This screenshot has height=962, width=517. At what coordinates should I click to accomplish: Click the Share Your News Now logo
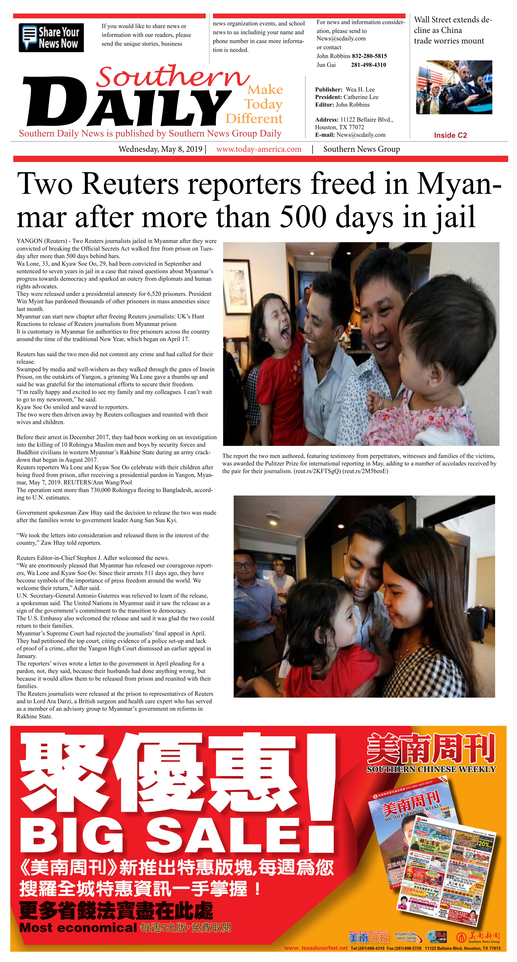pyautogui.click(x=51, y=38)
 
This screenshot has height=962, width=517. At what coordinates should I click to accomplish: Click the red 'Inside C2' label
pyautogui.click(x=450, y=135)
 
